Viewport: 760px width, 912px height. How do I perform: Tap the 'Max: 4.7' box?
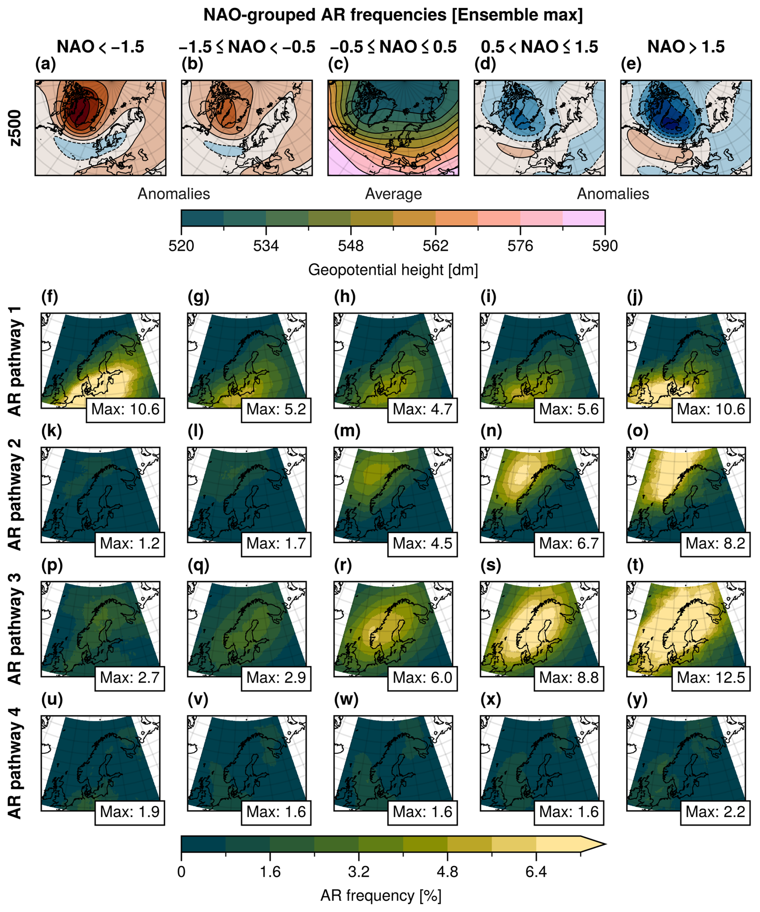point(422,409)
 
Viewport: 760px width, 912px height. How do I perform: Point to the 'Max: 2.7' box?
point(129,678)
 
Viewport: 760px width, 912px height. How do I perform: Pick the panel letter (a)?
point(45,64)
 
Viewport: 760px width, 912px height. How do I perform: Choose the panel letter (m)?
point(345,431)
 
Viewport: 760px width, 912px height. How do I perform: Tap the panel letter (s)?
point(490,565)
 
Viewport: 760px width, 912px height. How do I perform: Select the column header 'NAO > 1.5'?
point(686,47)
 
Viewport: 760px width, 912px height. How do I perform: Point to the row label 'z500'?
point(15,128)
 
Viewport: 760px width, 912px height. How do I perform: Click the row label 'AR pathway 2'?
point(15,495)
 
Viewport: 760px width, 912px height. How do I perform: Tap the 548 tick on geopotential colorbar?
point(351,246)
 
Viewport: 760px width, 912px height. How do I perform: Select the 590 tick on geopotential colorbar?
point(605,246)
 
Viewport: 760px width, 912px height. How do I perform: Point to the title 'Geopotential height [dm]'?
point(393,270)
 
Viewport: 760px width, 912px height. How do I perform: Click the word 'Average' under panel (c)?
point(393,194)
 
